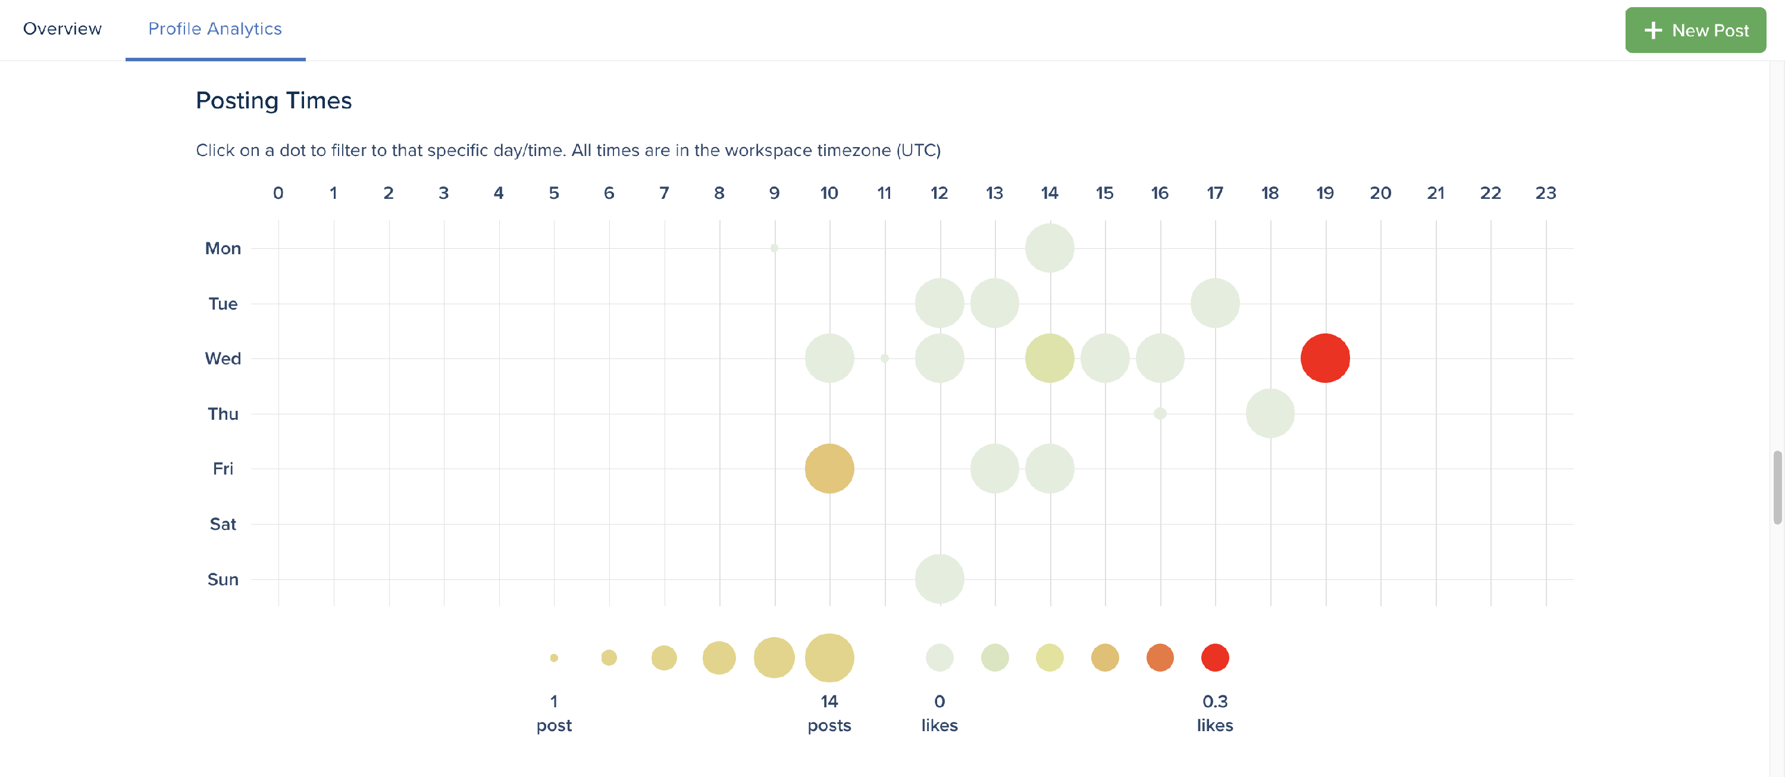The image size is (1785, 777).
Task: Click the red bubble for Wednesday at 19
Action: [x=1325, y=358]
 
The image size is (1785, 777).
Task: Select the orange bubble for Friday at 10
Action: [x=829, y=469]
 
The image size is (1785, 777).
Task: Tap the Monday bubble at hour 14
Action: [x=1050, y=248]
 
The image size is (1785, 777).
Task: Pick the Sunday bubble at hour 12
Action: [x=940, y=579]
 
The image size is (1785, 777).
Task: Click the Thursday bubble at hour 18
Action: [x=1270, y=414]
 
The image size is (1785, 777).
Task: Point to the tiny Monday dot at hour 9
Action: [x=774, y=248]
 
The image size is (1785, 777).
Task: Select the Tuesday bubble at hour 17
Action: [x=1215, y=303]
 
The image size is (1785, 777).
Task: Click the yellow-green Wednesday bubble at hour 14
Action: [x=1050, y=358]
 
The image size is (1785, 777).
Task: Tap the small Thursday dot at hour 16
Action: [x=1160, y=414]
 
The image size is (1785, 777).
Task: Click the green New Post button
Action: [x=1695, y=30]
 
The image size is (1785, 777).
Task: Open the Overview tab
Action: [x=62, y=29]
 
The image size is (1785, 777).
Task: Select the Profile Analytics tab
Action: [x=215, y=29]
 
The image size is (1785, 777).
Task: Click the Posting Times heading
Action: [x=274, y=101]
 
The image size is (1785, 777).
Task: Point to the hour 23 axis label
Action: [x=1545, y=194]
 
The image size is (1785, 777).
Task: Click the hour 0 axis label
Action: [x=278, y=194]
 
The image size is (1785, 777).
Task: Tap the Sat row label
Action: [x=223, y=524]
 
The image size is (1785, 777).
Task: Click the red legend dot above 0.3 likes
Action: [x=1215, y=657]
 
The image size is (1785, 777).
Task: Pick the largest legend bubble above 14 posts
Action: [x=829, y=657]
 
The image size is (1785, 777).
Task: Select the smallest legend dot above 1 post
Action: [x=554, y=658]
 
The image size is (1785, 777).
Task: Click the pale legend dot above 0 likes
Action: [x=940, y=657]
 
